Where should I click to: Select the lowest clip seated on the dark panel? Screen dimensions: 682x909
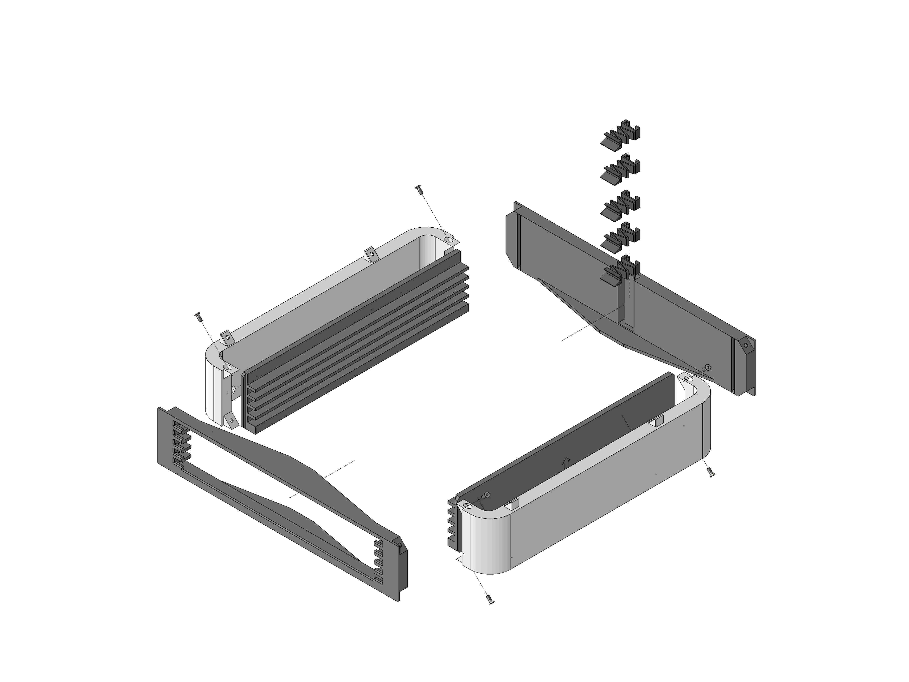tap(621, 269)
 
